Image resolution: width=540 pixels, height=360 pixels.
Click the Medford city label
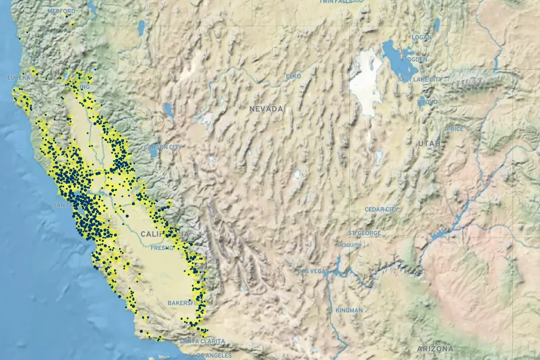click(x=61, y=11)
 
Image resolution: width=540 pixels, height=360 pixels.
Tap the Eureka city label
click(x=19, y=78)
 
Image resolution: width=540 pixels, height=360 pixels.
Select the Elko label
click(x=293, y=77)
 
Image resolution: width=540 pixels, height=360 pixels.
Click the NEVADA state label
click(x=266, y=109)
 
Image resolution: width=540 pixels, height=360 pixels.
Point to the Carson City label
click(x=163, y=147)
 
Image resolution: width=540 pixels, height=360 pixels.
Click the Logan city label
click(x=421, y=37)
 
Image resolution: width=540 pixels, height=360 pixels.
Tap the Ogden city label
click(x=417, y=60)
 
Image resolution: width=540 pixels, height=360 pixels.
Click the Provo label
click(x=428, y=103)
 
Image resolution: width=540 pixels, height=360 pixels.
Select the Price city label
click(x=455, y=129)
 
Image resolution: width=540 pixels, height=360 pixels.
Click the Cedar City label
click(x=381, y=209)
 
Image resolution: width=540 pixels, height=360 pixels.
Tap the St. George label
click(x=361, y=233)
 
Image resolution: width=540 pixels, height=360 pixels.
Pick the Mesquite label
click(x=349, y=245)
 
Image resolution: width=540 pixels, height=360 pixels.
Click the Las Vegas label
click(x=314, y=272)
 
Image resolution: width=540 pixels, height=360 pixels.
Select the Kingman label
click(x=349, y=310)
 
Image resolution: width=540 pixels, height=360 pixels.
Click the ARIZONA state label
click(x=436, y=349)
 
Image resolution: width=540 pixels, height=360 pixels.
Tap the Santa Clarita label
click(x=202, y=341)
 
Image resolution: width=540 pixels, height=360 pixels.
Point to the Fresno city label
click(x=162, y=248)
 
